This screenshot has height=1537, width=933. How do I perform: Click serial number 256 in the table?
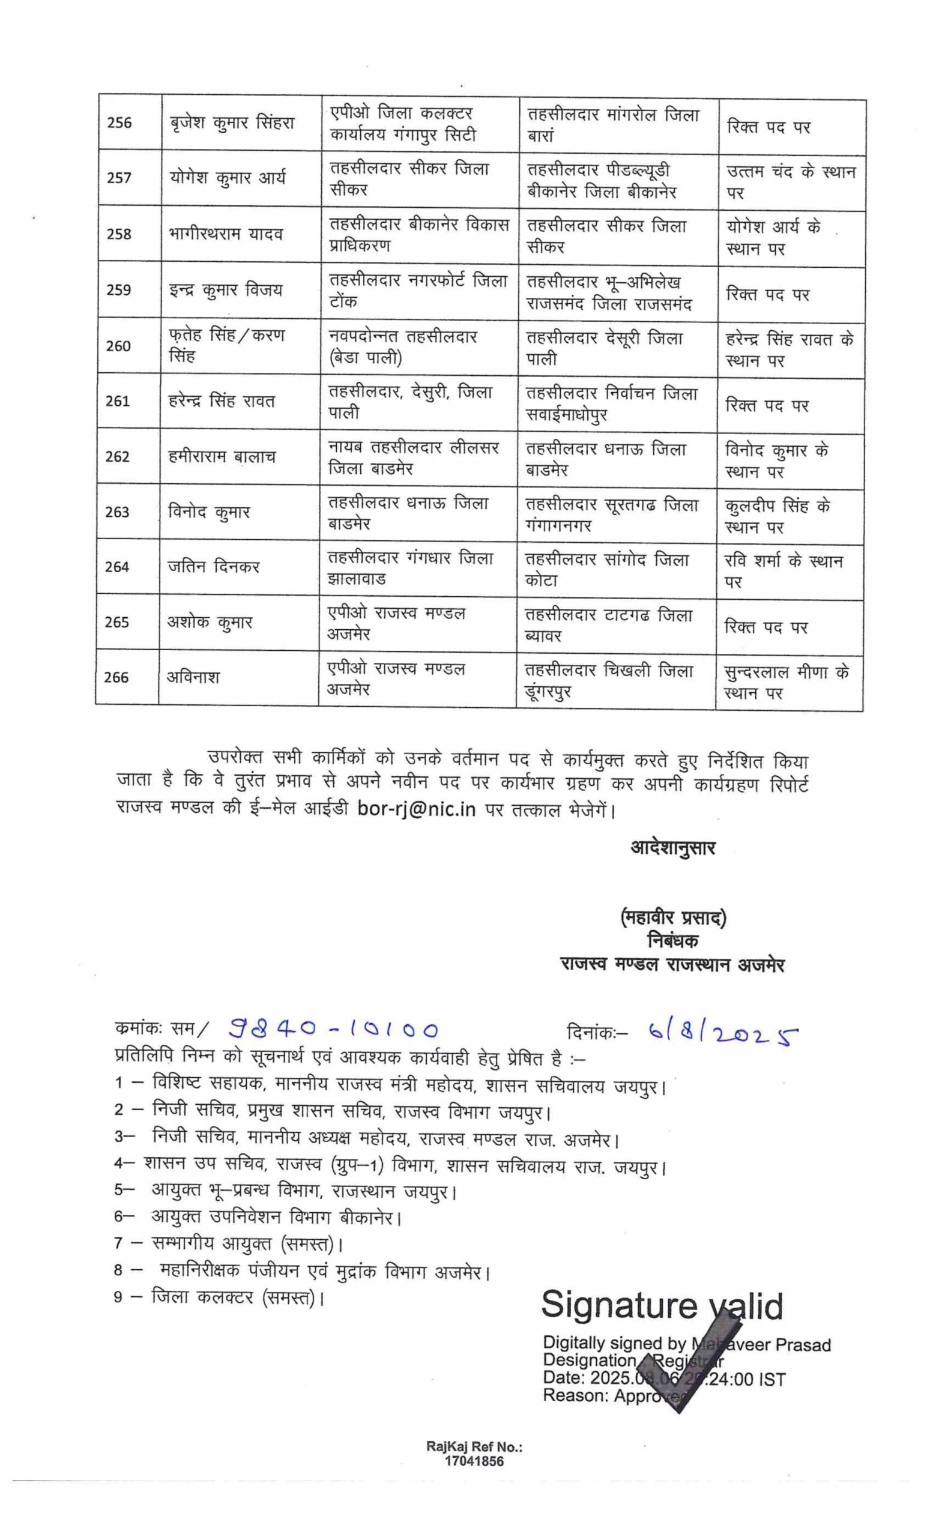(x=119, y=122)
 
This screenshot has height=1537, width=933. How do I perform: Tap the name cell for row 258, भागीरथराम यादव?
(x=225, y=234)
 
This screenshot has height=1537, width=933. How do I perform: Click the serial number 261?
(x=117, y=400)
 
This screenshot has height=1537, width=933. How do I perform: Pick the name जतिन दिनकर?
(x=213, y=566)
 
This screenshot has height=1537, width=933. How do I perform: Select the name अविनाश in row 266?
(x=193, y=677)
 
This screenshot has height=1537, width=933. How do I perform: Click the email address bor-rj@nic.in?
(x=417, y=809)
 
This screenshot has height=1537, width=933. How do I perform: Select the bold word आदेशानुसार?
(x=672, y=847)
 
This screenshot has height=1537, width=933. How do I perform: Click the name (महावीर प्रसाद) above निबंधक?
(x=673, y=918)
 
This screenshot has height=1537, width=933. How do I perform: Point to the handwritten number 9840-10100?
(x=333, y=1029)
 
